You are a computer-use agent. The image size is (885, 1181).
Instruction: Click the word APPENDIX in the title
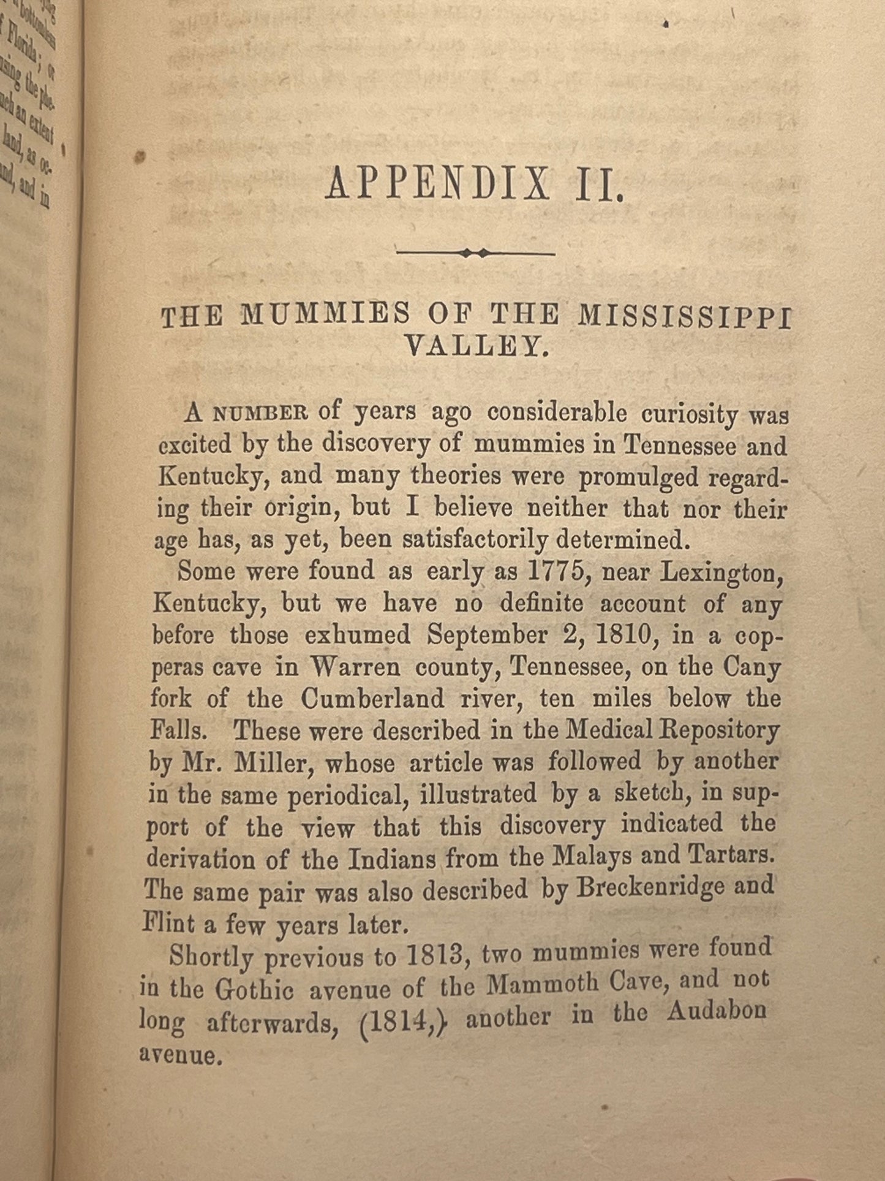pos(437,183)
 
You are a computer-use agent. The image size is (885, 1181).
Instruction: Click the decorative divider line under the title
pos(476,253)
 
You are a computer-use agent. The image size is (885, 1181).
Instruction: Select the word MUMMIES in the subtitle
pos(325,315)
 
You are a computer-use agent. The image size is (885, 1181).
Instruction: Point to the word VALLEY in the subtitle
pos(474,347)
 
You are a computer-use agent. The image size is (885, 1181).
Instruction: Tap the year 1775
pos(556,571)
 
